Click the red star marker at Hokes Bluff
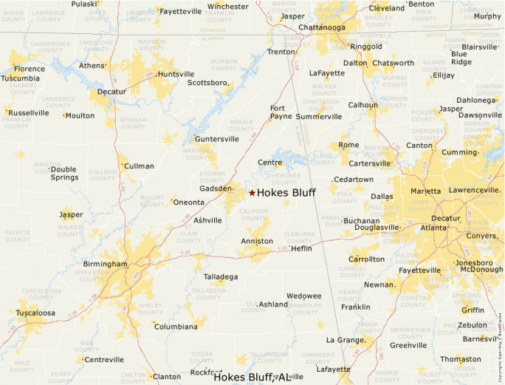[252, 193]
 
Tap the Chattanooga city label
[322, 28]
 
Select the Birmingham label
[105, 264]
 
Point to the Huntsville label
[176, 74]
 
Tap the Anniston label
[257, 242]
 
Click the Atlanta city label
[433, 228]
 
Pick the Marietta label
[426, 191]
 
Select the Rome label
[348, 145]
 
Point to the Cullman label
[139, 166]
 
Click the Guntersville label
[216, 139]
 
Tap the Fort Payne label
[281, 112]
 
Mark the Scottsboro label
[207, 83]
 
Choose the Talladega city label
[221, 277]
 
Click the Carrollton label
[366, 259]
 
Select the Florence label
[29, 69]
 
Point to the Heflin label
[301, 248]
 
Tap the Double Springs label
[63, 173]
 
